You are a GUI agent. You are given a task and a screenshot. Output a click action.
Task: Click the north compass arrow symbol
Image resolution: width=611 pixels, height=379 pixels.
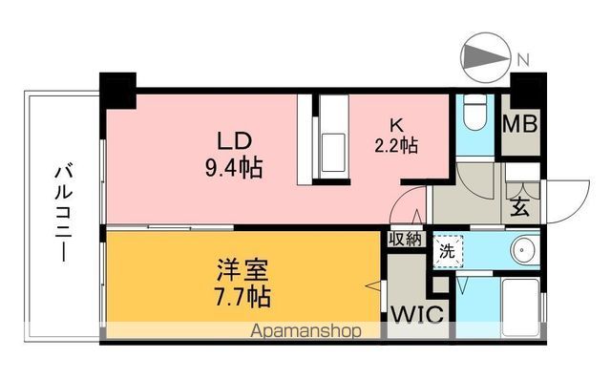tap(484, 58)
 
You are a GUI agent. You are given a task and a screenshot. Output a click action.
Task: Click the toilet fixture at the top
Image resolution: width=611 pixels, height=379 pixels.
tap(474, 116)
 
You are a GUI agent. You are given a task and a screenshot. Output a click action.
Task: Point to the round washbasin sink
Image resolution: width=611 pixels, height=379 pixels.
tap(523, 251)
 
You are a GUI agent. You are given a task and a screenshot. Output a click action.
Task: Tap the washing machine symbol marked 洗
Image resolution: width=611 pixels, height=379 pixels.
tap(446, 252)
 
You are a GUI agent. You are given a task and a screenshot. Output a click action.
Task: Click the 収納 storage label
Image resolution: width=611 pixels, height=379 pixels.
tap(405, 240)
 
